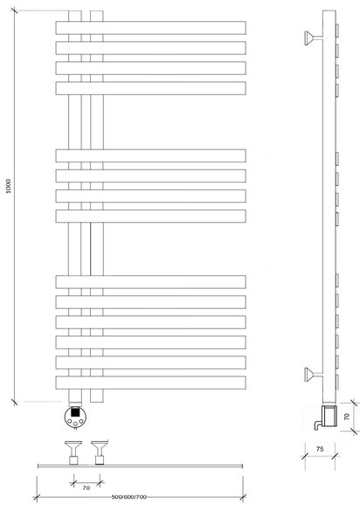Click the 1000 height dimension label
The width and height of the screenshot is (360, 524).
click(x=9, y=186)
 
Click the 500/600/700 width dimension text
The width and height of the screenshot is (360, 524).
click(x=129, y=497)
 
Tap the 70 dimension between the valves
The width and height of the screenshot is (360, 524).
click(x=87, y=488)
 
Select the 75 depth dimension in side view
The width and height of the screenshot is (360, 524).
click(x=320, y=449)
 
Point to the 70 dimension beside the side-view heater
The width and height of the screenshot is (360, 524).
click(x=347, y=417)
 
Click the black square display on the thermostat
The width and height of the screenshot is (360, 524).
click(x=75, y=412)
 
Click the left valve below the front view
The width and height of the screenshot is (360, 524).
click(x=73, y=452)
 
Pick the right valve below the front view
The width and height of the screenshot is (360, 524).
click(x=100, y=452)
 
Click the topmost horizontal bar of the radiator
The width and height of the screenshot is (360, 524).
click(x=151, y=28)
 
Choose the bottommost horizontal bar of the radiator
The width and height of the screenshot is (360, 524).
click(x=151, y=383)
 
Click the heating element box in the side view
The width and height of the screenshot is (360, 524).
click(x=329, y=416)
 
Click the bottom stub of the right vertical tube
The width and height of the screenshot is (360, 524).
click(x=97, y=396)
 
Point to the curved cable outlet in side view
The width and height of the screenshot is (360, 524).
click(x=317, y=425)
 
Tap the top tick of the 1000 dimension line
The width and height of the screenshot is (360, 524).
click(x=14, y=10)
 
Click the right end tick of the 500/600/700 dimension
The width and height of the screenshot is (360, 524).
click(x=243, y=498)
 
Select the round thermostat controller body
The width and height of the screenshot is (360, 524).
click(x=75, y=417)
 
